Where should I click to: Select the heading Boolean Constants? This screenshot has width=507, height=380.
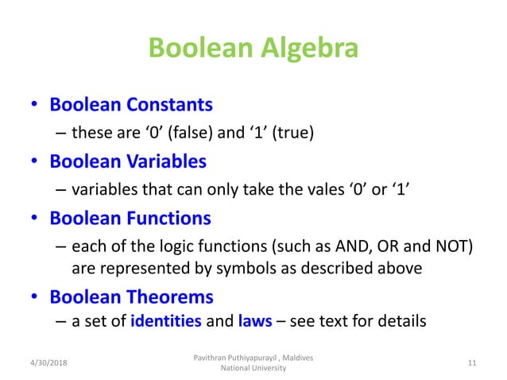[x=131, y=105]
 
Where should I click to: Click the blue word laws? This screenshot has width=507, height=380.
[x=254, y=322]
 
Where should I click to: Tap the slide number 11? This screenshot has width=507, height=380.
[x=471, y=363]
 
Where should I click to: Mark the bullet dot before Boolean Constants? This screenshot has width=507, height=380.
[x=35, y=106]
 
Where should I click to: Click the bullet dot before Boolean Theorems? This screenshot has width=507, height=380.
[x=35, y=298]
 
